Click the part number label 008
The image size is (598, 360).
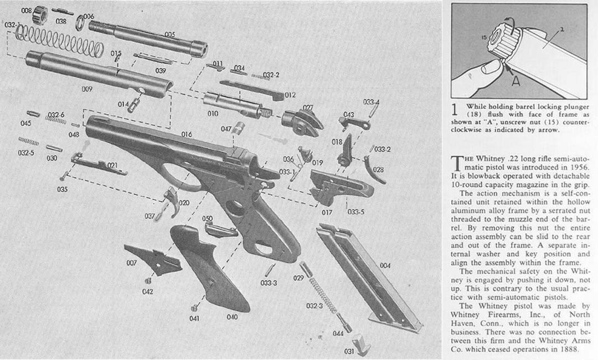coord(26,11)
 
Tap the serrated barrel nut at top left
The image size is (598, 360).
coord(40,16)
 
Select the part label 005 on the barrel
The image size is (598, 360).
coord(170,35)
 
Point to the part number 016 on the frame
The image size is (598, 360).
coord(187,134)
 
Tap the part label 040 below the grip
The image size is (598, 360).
coord(232,317)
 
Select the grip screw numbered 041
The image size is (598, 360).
coord(194,307)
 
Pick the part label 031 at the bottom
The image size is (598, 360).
coord(349,351)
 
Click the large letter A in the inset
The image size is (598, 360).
coord(515,81)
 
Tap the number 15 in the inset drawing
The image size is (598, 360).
coord(483,38)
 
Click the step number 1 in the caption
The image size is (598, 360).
coord(454,110)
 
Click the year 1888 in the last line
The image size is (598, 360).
coord(571,349)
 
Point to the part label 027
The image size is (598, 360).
coord(308,107)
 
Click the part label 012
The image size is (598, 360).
coord(290,95)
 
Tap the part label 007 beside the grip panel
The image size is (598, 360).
coord(132,263)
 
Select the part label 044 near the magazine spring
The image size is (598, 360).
coord(338,333)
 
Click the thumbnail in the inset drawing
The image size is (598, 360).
coord(489,68)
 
